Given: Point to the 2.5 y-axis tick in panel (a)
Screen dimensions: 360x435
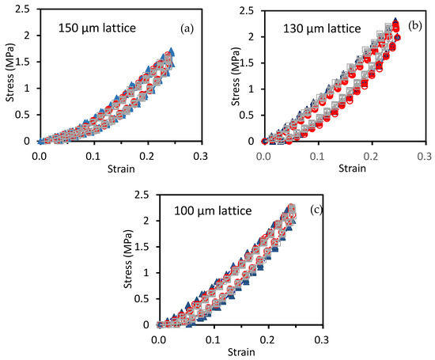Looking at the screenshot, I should pyautogui.click(x=23, y=10).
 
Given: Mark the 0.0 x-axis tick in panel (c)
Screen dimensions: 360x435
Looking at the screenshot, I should pyautogui.click(x=159, y=339).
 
